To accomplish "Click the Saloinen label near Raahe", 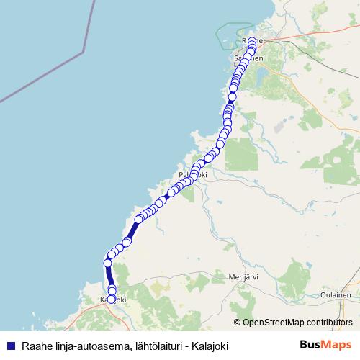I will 249,58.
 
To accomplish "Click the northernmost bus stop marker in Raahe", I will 251,41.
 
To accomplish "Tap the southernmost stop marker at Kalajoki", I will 111,299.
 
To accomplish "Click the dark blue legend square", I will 9,346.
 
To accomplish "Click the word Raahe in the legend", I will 37,346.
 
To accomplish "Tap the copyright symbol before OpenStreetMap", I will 237,322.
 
